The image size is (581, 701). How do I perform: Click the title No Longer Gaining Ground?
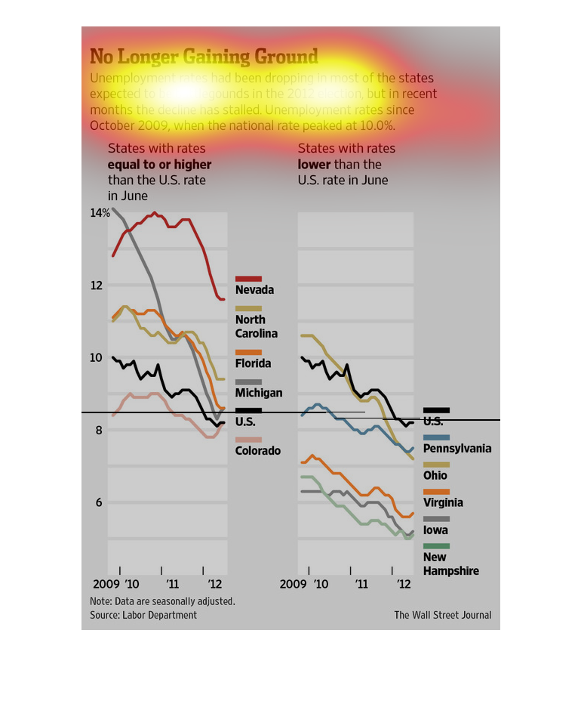coord(204,57)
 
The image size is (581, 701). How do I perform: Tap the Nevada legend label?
coord(254,290)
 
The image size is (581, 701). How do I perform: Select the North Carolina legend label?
coord(257,326)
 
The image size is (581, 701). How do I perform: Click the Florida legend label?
coord(253,363)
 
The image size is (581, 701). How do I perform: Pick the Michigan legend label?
coord(259,393)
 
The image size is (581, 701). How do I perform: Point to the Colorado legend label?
coord(258,451)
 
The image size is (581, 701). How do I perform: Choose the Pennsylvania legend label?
coord(457,449)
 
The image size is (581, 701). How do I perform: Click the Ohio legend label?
coord(435,476)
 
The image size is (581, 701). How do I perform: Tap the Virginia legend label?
coord(443,503)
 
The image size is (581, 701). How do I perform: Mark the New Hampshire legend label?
coord(450,564)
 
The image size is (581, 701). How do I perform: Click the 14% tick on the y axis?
coord(100,213)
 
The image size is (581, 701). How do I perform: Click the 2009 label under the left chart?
coord(106,585)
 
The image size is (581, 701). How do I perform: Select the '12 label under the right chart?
coord(404,585)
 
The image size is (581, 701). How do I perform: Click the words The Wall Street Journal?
coord(442,615)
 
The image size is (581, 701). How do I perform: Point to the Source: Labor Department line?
coord(143,615)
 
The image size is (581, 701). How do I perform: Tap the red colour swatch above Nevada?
coord(248,279)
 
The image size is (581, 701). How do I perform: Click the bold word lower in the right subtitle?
coord(315,165)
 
